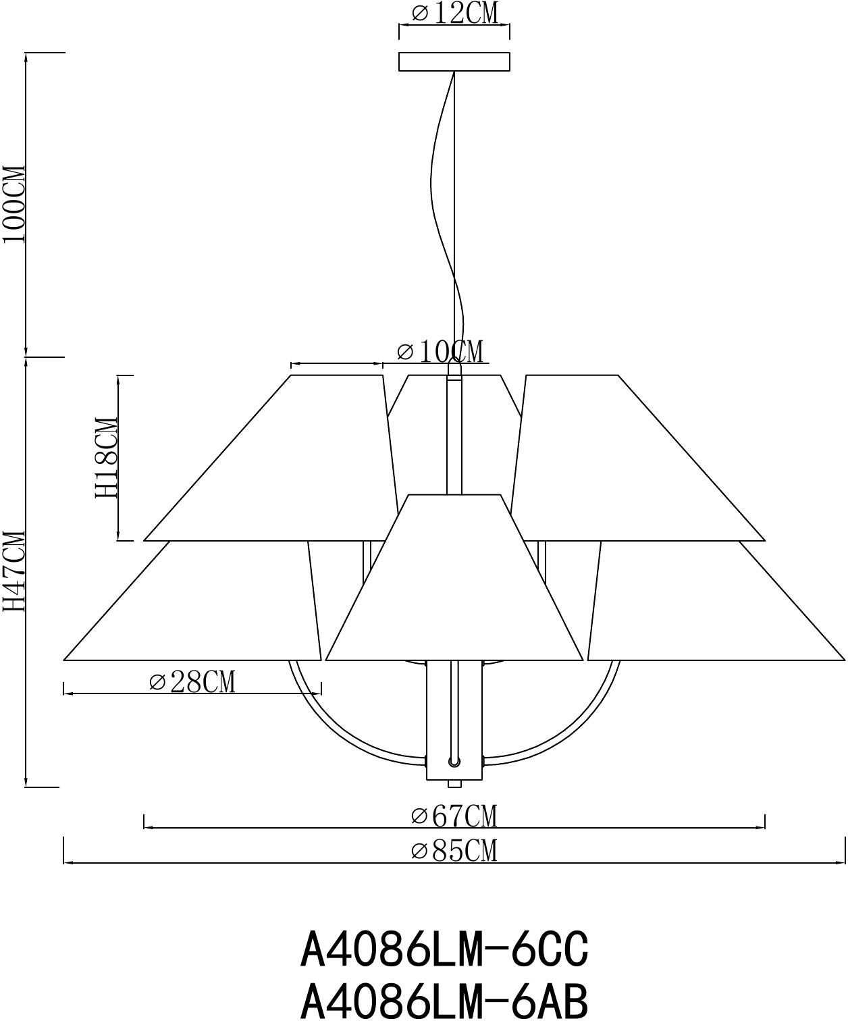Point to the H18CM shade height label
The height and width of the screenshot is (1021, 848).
(x=107, y=458)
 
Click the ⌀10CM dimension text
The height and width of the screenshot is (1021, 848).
(x=440, y=352)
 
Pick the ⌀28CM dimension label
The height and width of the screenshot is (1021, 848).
(x=192, y=682)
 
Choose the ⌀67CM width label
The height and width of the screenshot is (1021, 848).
(x=454, y=816)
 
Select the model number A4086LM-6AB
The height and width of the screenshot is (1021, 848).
(x=444, y=999)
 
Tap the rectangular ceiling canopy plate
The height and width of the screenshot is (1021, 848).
(x=454, y=61)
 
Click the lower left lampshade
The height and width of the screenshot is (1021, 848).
(x=203, y=608)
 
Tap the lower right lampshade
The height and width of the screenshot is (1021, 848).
(x=709, y=608)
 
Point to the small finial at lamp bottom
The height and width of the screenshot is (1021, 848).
(x=454, y=784)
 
